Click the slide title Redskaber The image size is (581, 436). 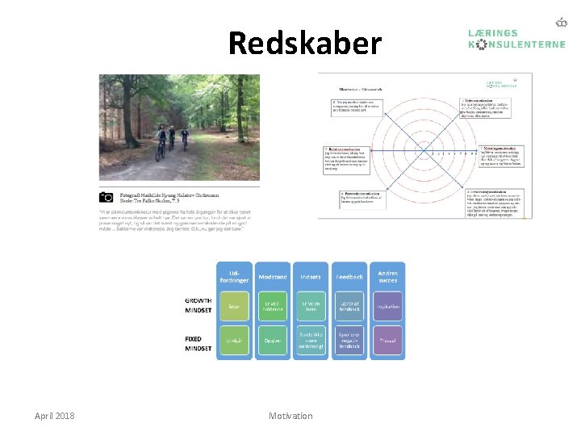point(304,43)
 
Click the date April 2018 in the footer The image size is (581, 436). point(55,416)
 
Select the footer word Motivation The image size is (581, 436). point(290,416)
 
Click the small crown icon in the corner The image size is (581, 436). point(561,23)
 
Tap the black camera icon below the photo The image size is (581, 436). point(107,196)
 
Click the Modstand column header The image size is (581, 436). point(273,277)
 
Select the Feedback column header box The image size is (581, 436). point(349,277)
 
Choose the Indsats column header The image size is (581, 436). point(311,277)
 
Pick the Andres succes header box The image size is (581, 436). point(387,277)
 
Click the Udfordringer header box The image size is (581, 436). point(234,277)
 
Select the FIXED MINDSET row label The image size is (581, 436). point(198,343)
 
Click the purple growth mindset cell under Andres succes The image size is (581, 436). point(387,307)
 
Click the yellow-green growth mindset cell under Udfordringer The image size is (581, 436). point(234,307)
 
